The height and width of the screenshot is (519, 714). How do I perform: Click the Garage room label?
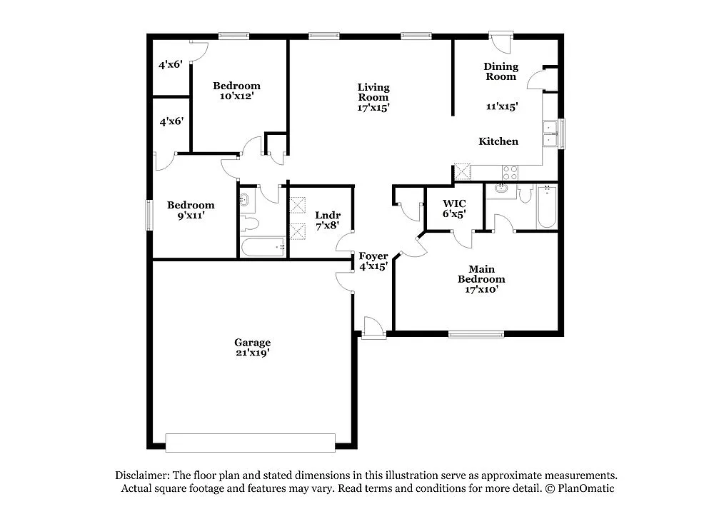coord(253,342)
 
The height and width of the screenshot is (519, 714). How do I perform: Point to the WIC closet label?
coord(453,203)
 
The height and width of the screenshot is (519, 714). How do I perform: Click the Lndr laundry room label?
coord(328,215)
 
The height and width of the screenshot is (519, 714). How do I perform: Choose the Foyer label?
coord(373,256)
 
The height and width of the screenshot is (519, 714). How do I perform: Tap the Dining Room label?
coord(501,71)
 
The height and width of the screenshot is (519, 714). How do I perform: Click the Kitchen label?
coord(498,141)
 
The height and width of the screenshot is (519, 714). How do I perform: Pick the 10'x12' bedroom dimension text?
coord(236,96)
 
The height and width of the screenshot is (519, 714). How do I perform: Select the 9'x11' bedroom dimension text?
coord(191,216)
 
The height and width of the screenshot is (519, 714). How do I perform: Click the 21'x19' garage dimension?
coord(253,353)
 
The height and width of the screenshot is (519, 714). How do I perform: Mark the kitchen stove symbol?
coord(511,172)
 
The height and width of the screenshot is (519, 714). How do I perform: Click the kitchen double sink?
coord(550,133)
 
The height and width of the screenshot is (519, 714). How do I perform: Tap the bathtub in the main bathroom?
coord(547,207)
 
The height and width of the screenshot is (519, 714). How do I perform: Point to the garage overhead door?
coord(250,443)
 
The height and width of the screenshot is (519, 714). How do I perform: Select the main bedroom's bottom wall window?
coord(476,333)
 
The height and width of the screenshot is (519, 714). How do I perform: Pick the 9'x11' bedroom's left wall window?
coord(150,214)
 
